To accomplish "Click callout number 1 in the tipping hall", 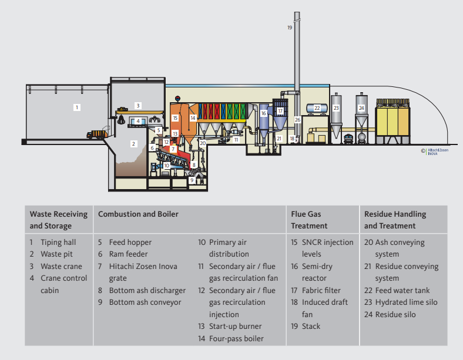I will coord(76,107).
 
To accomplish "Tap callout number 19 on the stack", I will coord(290,28).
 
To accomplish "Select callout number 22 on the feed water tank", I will coord(317,108).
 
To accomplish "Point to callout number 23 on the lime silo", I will coord(336,108).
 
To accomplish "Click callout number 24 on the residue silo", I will coord(361,108).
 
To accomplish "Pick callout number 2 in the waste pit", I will coord(133,143).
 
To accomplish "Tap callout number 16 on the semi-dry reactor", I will coord(264,113).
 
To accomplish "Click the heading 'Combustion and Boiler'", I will coord(138,214).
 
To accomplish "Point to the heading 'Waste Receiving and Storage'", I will coord(58,220).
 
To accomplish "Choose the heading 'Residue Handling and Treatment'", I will coord(395,220).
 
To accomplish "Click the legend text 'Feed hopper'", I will coord(130,243).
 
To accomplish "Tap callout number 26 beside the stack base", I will coord(297,120).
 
